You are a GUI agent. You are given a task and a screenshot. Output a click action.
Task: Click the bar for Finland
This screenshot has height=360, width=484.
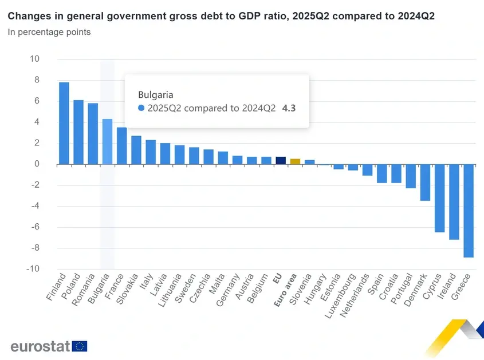64,124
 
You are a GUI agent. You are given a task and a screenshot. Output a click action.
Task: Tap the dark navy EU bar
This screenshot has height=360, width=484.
281,161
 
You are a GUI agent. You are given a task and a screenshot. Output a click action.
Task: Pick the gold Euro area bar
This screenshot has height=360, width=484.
295,161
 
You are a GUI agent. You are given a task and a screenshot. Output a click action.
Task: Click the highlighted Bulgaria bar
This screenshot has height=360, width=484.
107,142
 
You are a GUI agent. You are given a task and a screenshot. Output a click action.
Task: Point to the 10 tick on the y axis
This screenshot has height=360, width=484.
35,59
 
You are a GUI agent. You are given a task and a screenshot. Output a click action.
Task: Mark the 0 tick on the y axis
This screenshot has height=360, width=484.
37,164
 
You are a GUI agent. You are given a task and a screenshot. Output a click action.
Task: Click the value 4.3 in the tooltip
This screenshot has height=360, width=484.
289,108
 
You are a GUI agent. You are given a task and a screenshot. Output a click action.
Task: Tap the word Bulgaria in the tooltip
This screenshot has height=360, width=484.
156,94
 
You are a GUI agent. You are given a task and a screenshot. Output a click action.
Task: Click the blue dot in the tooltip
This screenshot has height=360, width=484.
141,108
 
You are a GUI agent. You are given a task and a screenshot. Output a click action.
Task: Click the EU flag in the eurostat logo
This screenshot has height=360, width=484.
80,346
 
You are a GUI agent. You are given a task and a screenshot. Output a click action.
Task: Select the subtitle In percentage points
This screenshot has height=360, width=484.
49,32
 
